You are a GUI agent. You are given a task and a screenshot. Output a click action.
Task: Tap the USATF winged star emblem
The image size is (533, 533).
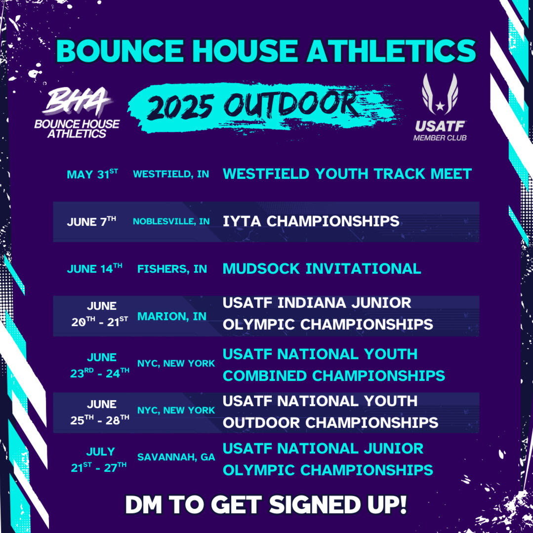(440, 94)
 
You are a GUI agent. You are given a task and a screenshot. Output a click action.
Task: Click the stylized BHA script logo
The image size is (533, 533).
(78, 102)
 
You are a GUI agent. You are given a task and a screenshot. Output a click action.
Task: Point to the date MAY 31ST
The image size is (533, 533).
(92, 174)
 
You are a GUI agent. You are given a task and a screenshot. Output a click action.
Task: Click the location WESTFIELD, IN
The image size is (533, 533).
(171, 174)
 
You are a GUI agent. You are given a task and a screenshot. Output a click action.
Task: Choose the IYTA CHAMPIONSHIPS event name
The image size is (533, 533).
(311, 221)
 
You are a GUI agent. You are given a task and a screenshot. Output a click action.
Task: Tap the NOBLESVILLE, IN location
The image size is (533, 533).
(171, 221)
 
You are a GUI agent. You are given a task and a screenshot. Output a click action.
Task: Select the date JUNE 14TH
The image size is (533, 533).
(94, 269)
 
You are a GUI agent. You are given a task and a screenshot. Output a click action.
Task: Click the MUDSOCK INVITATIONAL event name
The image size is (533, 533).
(322, 269)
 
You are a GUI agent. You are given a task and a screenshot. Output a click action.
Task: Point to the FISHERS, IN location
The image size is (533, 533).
(172, 269)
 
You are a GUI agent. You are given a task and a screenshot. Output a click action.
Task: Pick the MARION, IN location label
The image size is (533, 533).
(172, 316)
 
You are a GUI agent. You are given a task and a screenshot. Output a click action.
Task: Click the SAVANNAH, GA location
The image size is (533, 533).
(176, 457)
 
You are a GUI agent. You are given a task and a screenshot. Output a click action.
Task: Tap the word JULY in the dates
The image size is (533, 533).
(100, 451)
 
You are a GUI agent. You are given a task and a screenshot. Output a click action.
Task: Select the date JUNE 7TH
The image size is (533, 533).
(91, 221)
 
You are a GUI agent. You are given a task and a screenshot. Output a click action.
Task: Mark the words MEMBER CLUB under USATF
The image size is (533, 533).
(440, 138)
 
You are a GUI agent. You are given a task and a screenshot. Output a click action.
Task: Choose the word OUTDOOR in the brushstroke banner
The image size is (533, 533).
(290, 104)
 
